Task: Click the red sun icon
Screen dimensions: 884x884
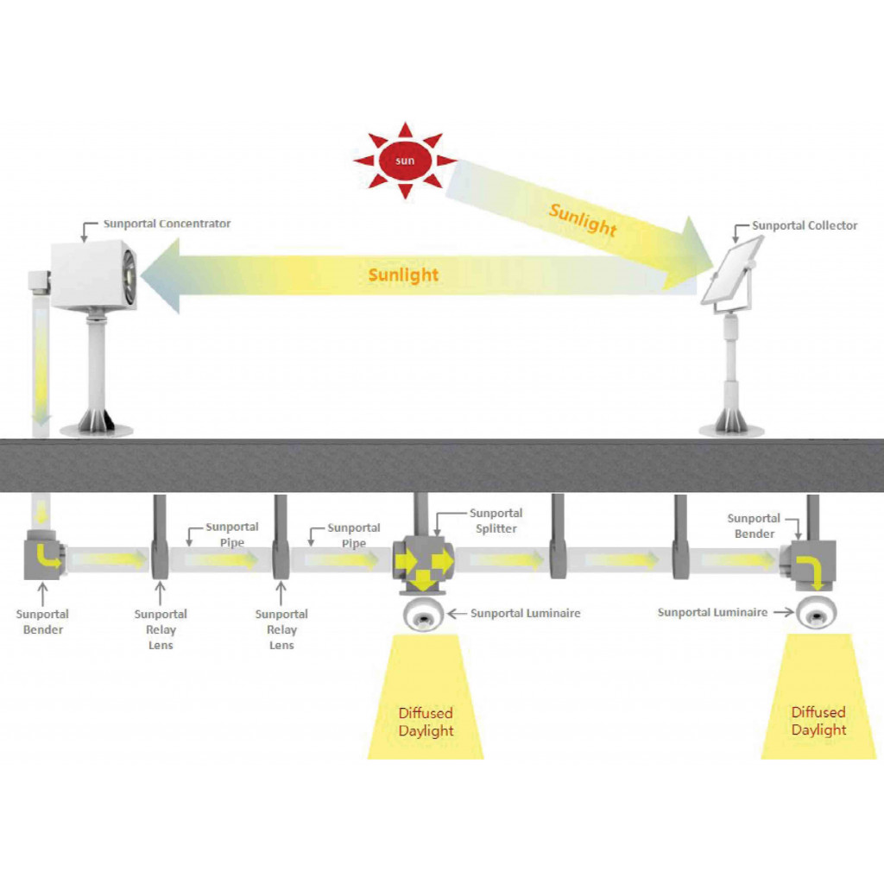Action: point(405,161)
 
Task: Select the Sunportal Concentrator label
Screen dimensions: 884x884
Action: point(167,224)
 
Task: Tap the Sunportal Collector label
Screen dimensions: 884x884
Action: point(804,225)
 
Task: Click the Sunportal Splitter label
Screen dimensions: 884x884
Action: point(496,521)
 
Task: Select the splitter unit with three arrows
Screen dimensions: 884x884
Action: point(422,564)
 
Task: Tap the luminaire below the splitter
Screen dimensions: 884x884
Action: point(423,615)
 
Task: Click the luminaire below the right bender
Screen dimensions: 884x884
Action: point(815,614)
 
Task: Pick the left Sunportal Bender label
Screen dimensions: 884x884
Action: point(42,622)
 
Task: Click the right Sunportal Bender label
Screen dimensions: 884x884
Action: point(754,526)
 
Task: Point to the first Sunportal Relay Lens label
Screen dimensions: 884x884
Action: point(161,629)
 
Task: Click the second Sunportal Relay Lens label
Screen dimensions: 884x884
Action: point(281,629)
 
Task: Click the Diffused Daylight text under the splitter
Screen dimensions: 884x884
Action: point(426,722)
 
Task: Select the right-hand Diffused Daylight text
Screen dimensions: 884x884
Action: point(818,721)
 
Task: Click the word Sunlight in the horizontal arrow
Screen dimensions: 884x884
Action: point(403,275)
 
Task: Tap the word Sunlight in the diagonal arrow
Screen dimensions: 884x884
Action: point(583,221)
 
